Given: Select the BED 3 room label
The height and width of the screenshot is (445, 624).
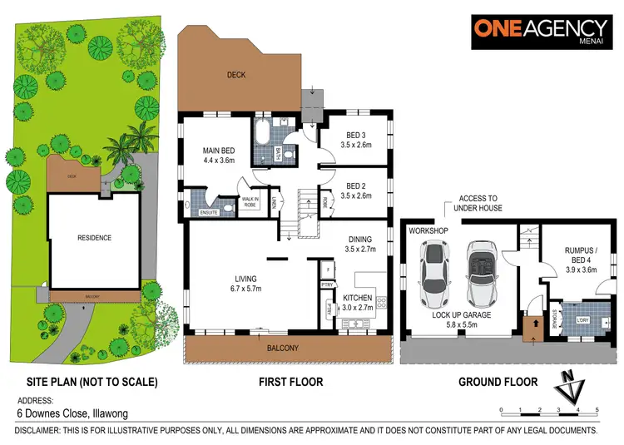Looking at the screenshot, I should (x=355, y=138).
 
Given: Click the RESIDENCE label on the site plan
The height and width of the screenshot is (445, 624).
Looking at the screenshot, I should (x=94, y=238).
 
